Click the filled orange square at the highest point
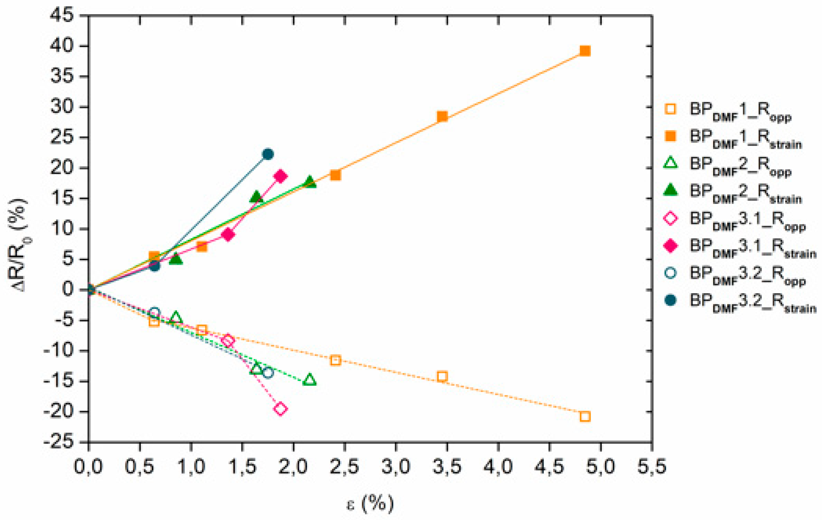click(585, 51)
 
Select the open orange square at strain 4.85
click(585, 417)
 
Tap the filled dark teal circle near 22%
click(268, 154)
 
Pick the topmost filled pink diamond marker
click(281, 176)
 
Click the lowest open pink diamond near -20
click(281, 409)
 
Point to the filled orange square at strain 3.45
click(442, 116)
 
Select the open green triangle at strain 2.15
click(309, 380)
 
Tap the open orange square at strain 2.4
click(335, 360)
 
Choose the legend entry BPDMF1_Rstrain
click(744, 137)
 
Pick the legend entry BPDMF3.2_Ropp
click(746, 274)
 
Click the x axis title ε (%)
click(370, 504)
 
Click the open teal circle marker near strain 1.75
click(268, 373)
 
